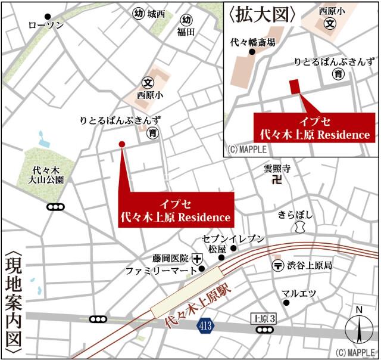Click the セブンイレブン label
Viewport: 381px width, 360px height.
[233, 238]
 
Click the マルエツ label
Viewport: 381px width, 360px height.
[299, 293]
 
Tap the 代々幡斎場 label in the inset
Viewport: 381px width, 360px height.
[253, 42]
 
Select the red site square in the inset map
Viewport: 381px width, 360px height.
[295, 86]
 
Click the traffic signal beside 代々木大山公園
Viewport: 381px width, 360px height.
[55, 207]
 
